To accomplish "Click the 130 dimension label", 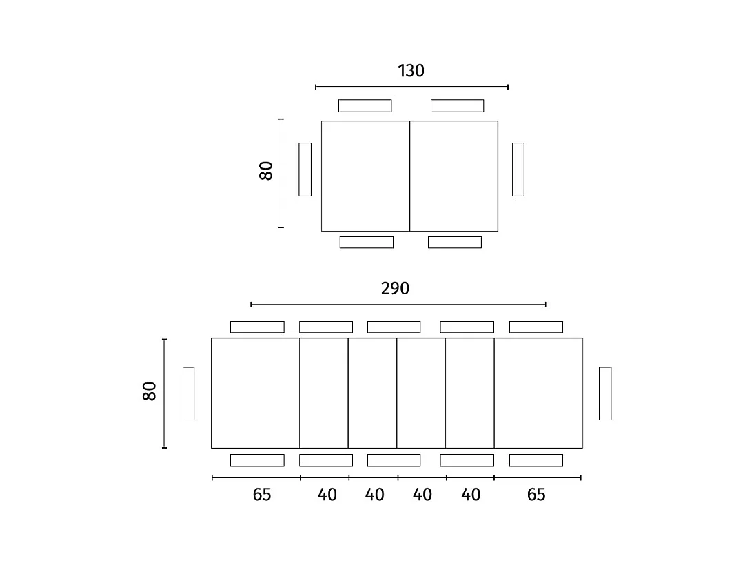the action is (x=411, y=71).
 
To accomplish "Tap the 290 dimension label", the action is (x=395, y=289).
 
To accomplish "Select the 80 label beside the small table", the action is (x=267, y=171).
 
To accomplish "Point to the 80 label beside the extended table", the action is (x=150, y=391).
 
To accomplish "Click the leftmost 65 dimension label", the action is (x=262, y=495).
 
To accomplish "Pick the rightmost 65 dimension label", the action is (x=536, y=495).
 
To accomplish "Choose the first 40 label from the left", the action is (x=327, y=495).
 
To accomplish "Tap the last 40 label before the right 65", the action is (x=471, y=495).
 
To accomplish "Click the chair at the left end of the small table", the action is (x=305, y=169).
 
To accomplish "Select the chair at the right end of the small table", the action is (x=518, y=169).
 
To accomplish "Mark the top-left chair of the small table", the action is (x=365, y=105).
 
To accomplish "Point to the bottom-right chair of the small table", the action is (x=455, y=242).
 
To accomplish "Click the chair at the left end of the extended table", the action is (x=188, y=393).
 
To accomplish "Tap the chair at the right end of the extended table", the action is (x=605, y=393).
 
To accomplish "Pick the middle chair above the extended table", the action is (x=394, y=327).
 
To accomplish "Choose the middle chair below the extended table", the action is (x=394, y=460).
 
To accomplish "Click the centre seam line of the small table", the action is (x=409, y=176).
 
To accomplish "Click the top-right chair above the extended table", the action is (x=536, y=327).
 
